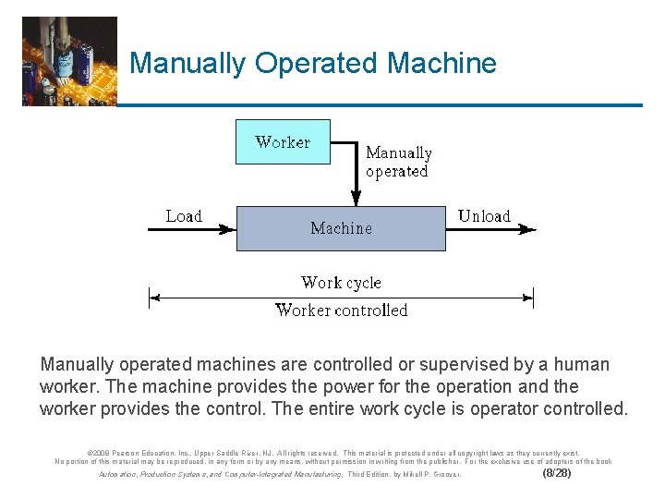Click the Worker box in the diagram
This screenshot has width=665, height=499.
click(x=283, y=142)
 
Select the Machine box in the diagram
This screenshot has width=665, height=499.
click(x=341, y=228)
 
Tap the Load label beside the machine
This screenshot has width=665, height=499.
click(x=184, y=216)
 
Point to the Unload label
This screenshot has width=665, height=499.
click(x=484, y=216)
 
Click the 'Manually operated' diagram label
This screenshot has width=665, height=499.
click(x=398, y=162)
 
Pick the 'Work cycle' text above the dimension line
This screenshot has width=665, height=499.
click(x=341, y=283)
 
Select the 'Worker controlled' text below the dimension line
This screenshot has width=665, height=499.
click(x=341, y=310)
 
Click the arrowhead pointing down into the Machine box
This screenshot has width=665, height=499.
click(x=356, y=198)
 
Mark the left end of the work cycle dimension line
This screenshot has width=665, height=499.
click(x=151, y=298)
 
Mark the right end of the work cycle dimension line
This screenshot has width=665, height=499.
click(x=532, y=298)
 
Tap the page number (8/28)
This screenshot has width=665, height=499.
click(x=556, y=473)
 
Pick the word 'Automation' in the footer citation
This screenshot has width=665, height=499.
click(x=117, y=474)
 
